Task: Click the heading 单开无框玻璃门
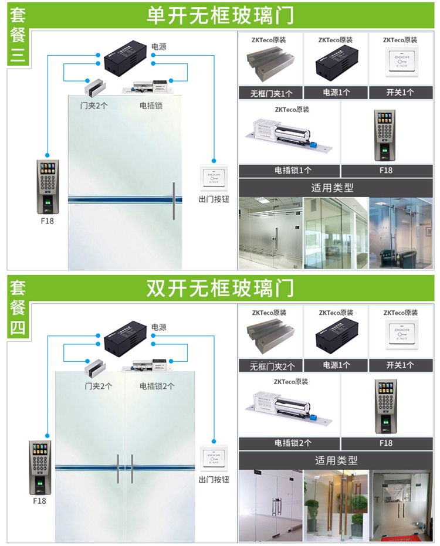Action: (x=220, y=15)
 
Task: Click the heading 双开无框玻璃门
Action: (x=220, y=289)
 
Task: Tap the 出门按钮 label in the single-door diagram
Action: (x=214, y=199)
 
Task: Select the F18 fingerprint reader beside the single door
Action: (x=48, y=186)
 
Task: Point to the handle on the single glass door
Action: (x=174, y=201)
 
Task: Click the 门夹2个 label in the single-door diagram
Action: (x=94, y=106)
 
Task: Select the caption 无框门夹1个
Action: (x=270, y=93)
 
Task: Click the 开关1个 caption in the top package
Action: (x=400, y=93)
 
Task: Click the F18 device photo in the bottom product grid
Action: (x=385, y=406)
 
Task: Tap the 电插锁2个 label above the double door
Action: (x=157, y=386)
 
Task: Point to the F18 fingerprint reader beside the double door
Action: (x=40, y=467)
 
